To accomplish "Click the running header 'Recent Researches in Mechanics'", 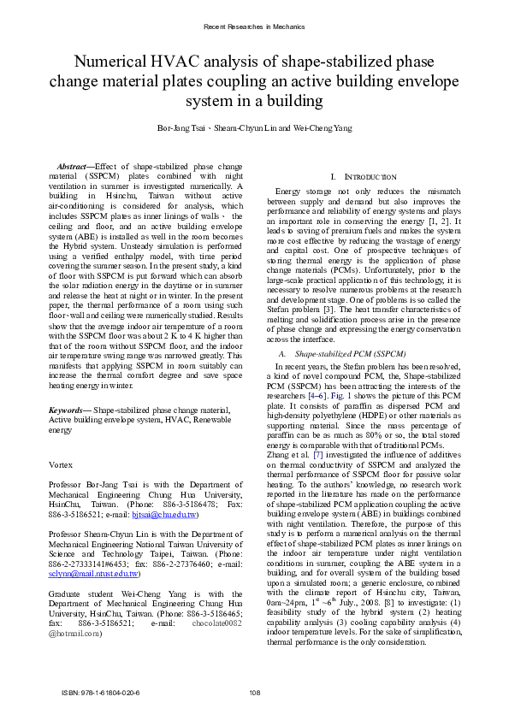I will click(254, 27).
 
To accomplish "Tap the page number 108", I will click(254, 693).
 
